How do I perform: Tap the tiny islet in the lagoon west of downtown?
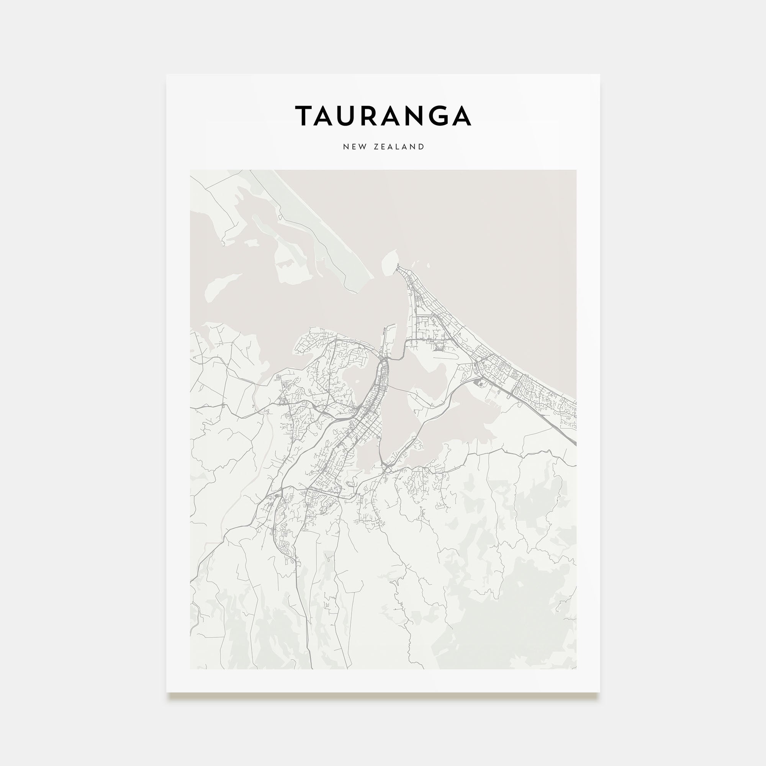click(x=357, y=382)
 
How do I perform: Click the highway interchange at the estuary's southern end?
click(x=386, y=468)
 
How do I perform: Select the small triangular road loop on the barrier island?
click(x=281, y=217)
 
